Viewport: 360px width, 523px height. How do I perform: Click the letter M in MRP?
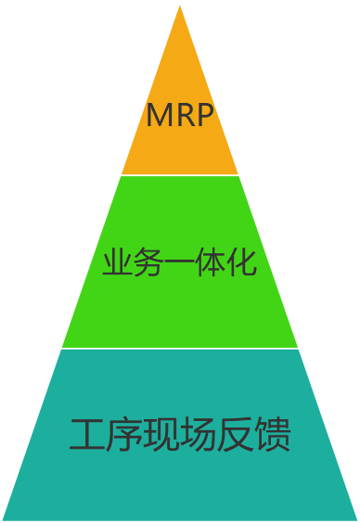(x=159, y=116)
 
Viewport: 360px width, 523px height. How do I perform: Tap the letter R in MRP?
(x=184, y=116)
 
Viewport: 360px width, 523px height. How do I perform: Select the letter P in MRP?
(x=204, y=116)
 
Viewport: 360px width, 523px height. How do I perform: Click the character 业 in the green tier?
(x=116, y=263)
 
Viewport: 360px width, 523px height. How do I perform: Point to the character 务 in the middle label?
(x=148, y=263)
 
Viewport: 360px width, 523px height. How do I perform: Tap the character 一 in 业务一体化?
(x=179, y=264)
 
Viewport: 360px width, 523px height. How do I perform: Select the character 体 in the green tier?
(x=211, y=263)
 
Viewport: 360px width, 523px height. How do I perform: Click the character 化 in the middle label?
(x=242, y=263)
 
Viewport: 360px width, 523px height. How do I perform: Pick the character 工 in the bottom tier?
(x=87, y=435)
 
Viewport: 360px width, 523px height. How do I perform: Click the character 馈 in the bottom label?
(x=273, y=435)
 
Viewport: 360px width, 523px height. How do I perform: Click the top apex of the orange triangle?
(x=180, y=6)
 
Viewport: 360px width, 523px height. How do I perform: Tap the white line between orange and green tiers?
(x=180, y=175)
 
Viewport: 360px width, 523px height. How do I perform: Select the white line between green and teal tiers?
(x=180, y=349)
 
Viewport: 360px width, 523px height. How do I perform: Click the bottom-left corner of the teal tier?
(x=4, y=518)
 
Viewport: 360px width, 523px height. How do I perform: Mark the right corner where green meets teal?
(x=298, y=348)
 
